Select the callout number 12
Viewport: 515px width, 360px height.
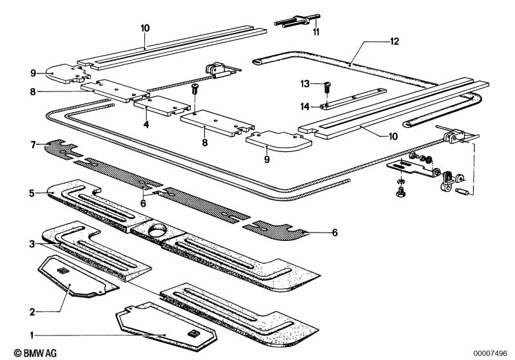tap(394, 41)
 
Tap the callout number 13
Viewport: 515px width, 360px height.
tap(305, 84)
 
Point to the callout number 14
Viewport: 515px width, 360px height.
tap(305, 106)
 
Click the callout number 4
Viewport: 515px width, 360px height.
tap(146, 124)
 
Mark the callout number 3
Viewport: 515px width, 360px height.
tap(31, 244)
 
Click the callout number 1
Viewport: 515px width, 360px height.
tap(32, 335)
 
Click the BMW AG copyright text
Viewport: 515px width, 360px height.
tap(24, 352)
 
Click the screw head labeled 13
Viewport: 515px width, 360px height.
tap(327, 84)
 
